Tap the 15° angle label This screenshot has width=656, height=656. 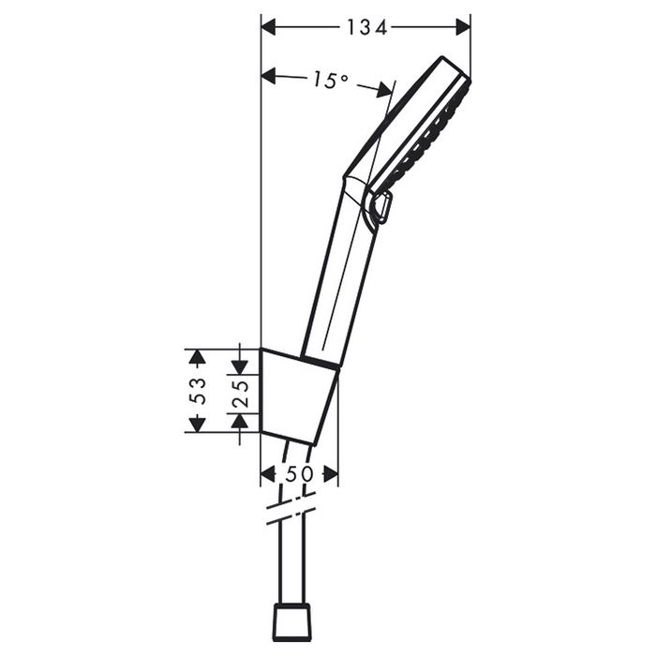coord(330,80)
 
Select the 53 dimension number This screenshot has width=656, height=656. coord(198,391)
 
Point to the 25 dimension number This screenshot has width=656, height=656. coord(240,394)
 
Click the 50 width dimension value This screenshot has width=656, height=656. coord(299,474)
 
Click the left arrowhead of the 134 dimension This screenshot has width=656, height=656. coord(269,27)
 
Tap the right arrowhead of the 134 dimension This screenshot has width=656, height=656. coord(463,27)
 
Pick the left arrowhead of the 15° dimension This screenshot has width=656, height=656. coord(269,76)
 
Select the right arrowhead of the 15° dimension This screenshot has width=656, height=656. coord(383,90)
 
